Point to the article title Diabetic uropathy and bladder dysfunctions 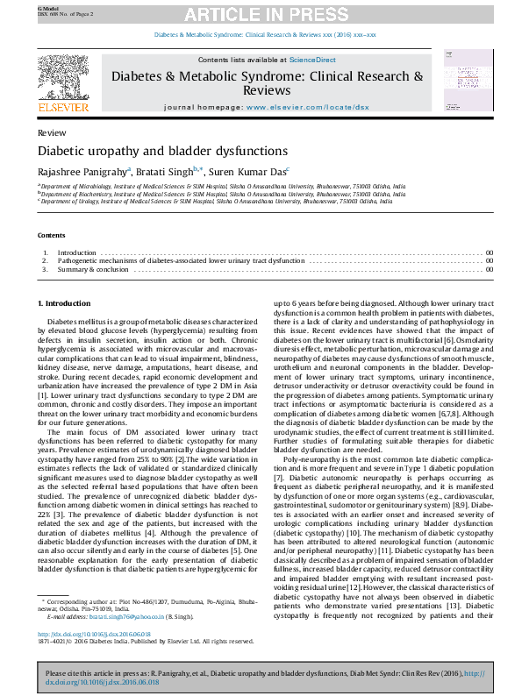tap(155, 151)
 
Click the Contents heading tap(51, 236)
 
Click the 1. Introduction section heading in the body tap(64, 303)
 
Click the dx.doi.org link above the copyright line tap(94, 634)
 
